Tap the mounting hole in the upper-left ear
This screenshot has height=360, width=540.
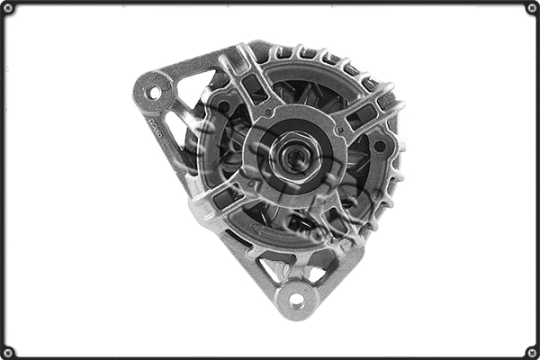(154, 93)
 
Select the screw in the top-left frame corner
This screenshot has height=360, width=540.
(8, 8)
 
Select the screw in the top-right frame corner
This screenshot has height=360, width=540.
(531, 8)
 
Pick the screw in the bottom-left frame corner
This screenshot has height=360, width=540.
(8, 351)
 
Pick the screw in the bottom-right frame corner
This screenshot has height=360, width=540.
(531, 351)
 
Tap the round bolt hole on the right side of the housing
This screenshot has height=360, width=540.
(379, 146)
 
